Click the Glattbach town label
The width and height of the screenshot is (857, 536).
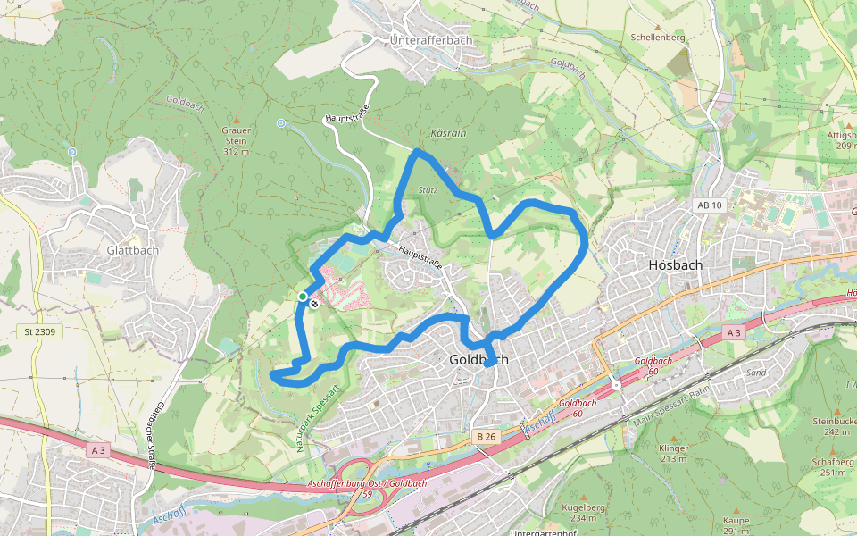point(132,250)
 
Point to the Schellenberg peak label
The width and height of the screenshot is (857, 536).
point(657,38)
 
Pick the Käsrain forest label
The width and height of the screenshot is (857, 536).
point(448,131)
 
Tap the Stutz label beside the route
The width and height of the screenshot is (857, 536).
point(428,190)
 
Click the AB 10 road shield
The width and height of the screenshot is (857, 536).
point(708,205)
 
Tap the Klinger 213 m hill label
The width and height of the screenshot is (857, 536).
point(673,453)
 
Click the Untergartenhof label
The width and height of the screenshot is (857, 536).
point(545,532)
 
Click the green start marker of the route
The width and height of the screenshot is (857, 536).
point(303,297)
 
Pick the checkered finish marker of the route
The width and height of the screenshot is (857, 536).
point(313,304)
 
